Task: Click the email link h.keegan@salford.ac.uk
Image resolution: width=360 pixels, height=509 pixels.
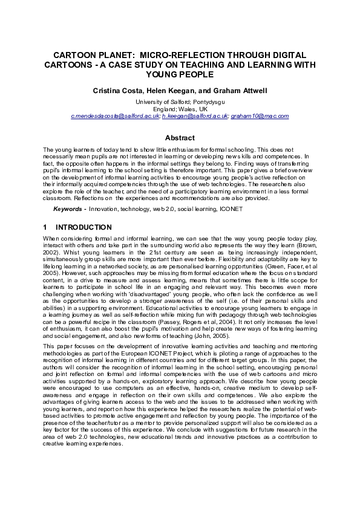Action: pyautogui.click(x=194, y=115)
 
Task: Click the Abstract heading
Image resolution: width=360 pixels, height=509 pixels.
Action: pyautogui.click(x=180, y=138)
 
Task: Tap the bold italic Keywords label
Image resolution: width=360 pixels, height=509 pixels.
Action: pyautogui.click(x=68, y=209)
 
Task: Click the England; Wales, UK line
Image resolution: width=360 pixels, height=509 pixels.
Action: pyautogui.click(x=180, y=108)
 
